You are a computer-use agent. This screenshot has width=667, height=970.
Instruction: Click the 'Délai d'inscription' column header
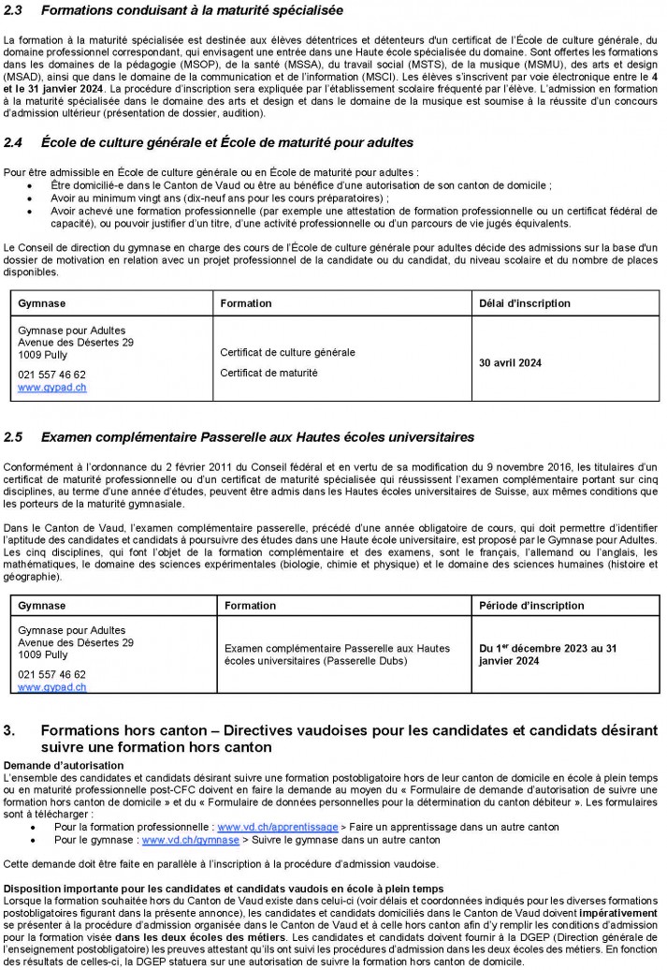click(517, 303)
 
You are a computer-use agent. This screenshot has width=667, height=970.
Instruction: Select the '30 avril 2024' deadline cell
click(510, 362)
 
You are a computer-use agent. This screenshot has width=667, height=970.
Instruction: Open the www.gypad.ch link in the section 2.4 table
click(52, 387)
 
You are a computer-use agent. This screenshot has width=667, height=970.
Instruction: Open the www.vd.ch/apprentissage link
click(274, 827)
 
